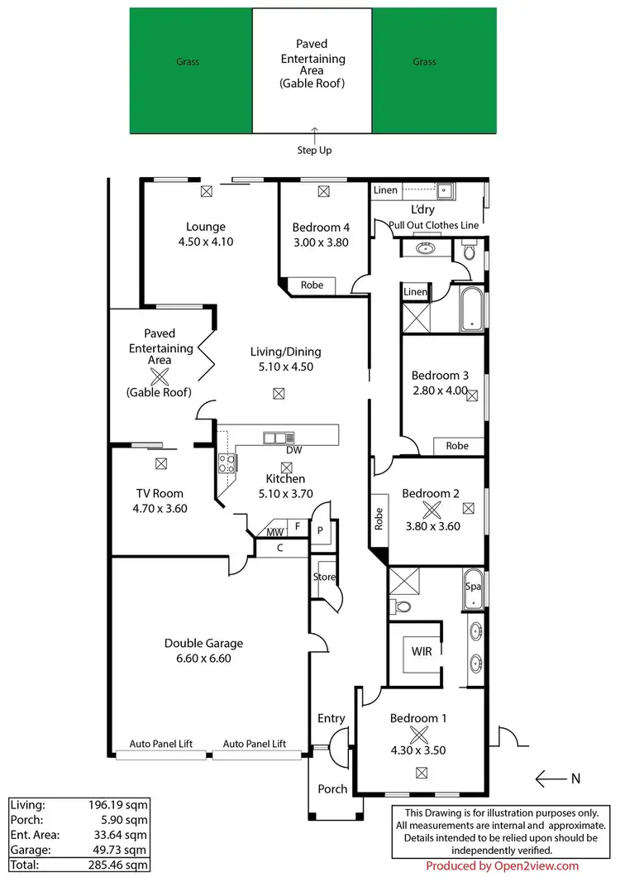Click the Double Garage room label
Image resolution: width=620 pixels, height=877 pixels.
203,643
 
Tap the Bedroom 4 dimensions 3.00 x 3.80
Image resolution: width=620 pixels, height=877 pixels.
322,243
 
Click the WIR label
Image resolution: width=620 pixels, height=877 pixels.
422,651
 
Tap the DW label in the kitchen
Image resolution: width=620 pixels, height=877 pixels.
293,451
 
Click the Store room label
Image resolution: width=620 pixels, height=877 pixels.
324,577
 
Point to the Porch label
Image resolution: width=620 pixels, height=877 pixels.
333,788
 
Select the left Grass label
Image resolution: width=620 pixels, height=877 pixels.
187,62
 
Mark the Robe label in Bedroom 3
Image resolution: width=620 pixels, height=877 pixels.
457,446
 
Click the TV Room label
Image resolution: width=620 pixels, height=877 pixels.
160,493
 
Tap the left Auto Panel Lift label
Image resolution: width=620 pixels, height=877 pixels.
161,744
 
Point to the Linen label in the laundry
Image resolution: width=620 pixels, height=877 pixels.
385,190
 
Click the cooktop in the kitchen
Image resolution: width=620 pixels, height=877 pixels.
227,462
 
